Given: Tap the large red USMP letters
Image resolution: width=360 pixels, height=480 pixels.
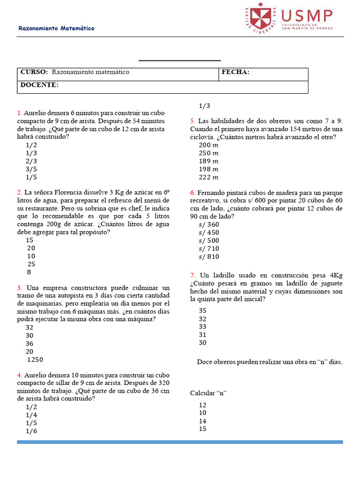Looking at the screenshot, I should click(307, 15).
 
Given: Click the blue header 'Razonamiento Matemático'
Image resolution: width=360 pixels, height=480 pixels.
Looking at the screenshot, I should click(56, 29).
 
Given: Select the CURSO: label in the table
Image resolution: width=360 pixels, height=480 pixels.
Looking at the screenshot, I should click(34, 72).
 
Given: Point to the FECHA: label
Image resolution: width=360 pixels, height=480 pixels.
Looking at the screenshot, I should click(235, 72).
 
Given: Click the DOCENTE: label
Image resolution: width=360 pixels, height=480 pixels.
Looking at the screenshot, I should click(39, 85).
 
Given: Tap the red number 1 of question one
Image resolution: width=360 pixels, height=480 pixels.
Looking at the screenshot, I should click(19, 113).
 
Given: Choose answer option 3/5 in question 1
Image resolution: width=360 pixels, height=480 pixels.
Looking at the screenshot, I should click(31, 169).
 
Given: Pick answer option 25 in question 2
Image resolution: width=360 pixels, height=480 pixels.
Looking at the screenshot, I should click(31, 264).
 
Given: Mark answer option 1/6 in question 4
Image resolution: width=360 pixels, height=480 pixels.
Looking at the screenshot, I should click(31, 431).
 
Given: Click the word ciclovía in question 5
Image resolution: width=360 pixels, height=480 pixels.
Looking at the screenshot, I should click(203, 137).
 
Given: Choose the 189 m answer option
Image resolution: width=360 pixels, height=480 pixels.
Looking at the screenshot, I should click(209, 161).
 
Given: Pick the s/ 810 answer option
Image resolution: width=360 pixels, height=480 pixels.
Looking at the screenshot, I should click(209, 256).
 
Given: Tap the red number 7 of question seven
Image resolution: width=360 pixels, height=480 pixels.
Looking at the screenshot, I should click(192, 275).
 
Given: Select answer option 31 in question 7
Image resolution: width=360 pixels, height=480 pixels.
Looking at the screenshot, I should click(202, 335).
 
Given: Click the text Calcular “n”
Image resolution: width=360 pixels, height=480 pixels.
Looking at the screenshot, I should click(209, 393).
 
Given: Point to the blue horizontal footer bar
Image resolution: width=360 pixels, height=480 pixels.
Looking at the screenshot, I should click(180, 442).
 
